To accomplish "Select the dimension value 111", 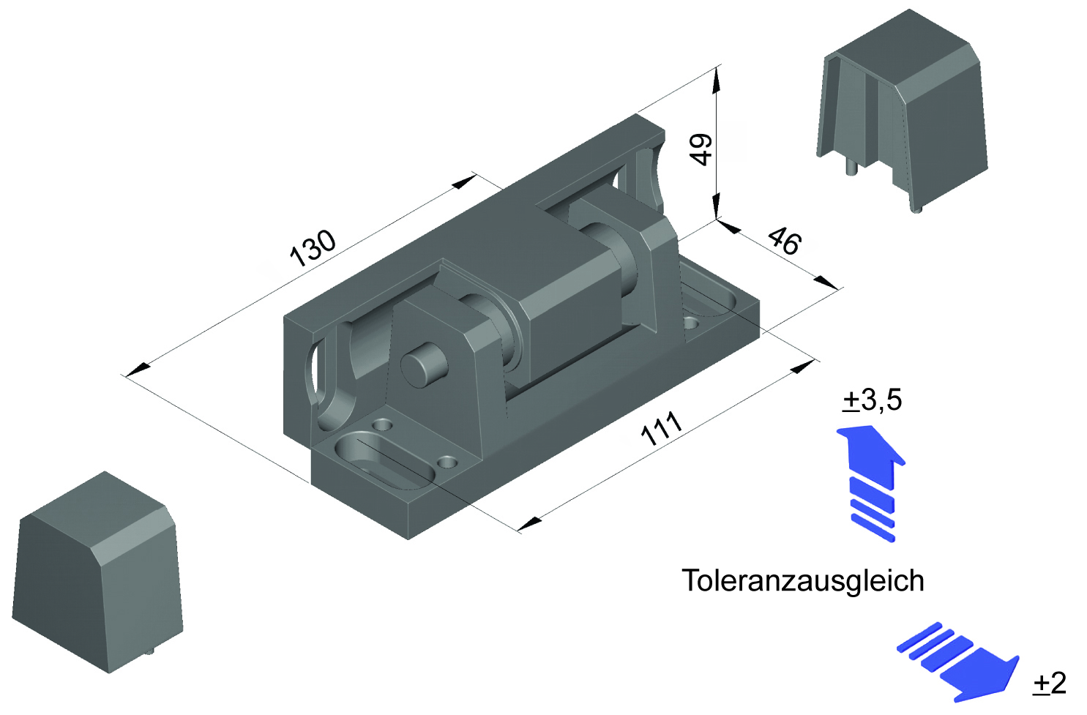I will click(661, 429).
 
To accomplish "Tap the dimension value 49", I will click(701, 149).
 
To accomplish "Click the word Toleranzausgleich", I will click(803, 580).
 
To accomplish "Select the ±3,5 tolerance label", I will click(873, 400).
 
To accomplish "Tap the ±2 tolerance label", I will click(1050, 683).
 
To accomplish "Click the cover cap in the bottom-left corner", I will click(97, 574).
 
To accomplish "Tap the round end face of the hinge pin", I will click(423, 365).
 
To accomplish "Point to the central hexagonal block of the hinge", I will click(567, 307).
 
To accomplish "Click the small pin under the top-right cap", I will click(852, 168).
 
